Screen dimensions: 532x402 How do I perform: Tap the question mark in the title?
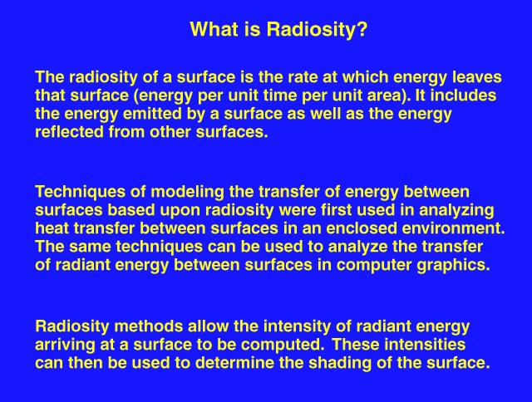pos(362,29)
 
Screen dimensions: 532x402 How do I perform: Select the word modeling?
pos(187,192)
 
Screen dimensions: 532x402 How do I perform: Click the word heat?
pos(52,228)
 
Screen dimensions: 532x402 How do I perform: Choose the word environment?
pos(453,228)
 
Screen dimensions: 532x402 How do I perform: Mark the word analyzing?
pos(456,210)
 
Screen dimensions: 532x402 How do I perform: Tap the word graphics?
pos(454,265)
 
